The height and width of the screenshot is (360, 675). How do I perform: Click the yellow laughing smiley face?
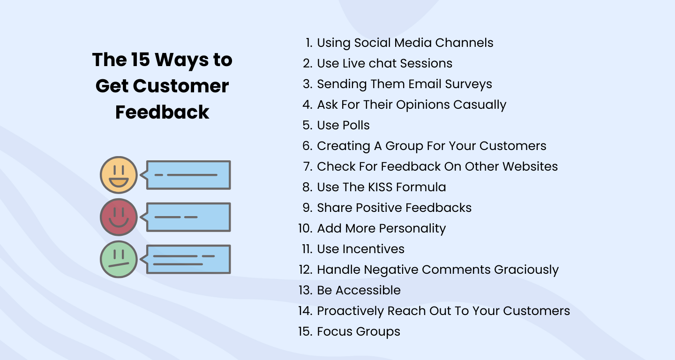click(119, 175)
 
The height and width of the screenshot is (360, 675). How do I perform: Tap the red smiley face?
click(119, 217)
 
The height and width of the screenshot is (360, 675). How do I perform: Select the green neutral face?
click(119, 259)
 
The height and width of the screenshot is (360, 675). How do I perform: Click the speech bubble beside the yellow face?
click(187, 175)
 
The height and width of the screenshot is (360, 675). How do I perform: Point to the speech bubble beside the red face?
click(187, 217)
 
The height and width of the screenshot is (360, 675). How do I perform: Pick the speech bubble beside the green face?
click(187, 259)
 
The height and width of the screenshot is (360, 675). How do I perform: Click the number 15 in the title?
click(140, 60)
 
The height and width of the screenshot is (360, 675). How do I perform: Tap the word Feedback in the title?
click(162, 112)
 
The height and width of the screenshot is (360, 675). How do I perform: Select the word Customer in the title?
click(181, 86)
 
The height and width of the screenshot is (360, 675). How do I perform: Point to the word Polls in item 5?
click(356, 125)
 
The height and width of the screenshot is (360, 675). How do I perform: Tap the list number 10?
click(306, 228)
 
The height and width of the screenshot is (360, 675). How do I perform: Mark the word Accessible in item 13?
click(368, 290)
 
